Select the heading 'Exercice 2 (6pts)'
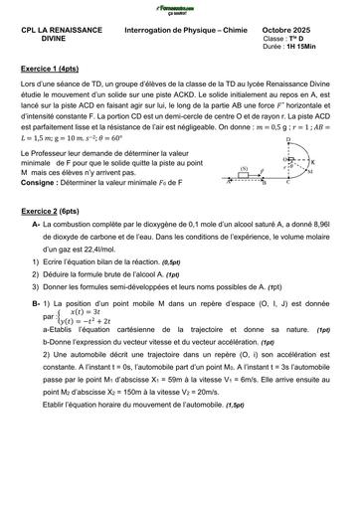click(x=51, y=239)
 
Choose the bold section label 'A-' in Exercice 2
click(x=37, y=254)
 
